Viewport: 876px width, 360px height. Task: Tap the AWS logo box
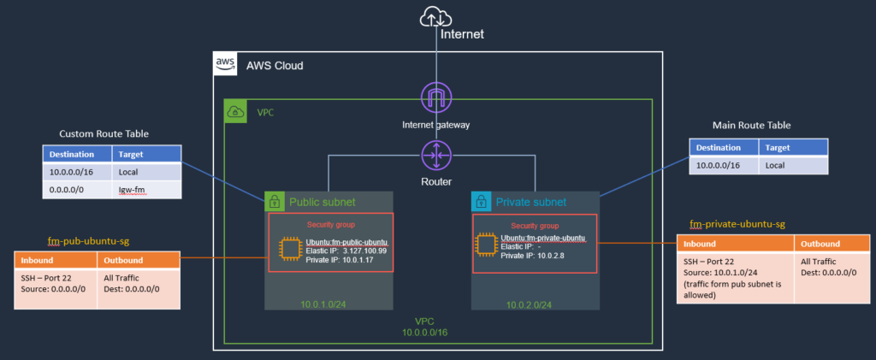click(x=225, y=64)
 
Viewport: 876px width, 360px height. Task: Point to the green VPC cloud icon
click(x=234, y=110)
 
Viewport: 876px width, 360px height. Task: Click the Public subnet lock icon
click(x=275, y=202)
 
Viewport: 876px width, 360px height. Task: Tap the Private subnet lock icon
click(x=482, y=202)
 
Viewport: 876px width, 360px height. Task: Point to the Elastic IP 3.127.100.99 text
click(x=346, y=251)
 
